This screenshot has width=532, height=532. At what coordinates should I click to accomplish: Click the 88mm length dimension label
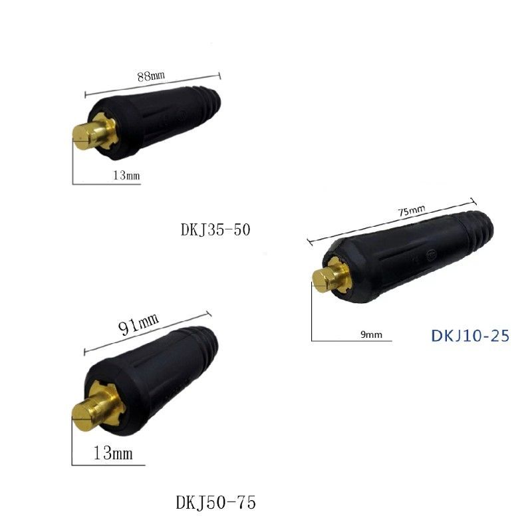pos(151,75)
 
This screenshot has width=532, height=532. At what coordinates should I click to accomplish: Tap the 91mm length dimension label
pos(138,323)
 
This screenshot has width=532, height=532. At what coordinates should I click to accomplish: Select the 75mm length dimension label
pos(411,211)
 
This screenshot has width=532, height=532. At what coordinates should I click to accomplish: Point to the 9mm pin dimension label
pos(371,335)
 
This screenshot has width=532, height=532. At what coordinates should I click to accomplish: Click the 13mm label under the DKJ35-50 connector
pos(126,175)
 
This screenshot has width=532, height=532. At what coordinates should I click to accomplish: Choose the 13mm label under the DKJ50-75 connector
pos(113,453)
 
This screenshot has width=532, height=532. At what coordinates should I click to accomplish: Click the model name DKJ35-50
pos(215,229)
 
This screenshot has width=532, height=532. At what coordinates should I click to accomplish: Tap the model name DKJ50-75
pos(215,503)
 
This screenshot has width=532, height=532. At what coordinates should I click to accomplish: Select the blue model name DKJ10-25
pos(470,336)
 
